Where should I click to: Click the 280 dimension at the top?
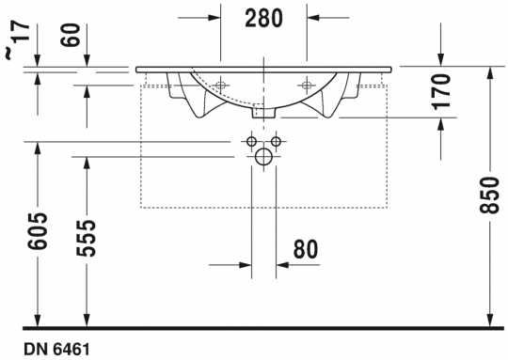(x=263, y=17)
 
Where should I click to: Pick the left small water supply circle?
(x=251, y=142)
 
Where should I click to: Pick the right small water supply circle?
(x=277, y=142)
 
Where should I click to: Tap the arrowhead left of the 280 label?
(x=212, y=16)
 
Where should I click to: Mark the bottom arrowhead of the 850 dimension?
(x=489, y=319)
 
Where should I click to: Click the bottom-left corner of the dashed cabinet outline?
(x=140, y=206)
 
